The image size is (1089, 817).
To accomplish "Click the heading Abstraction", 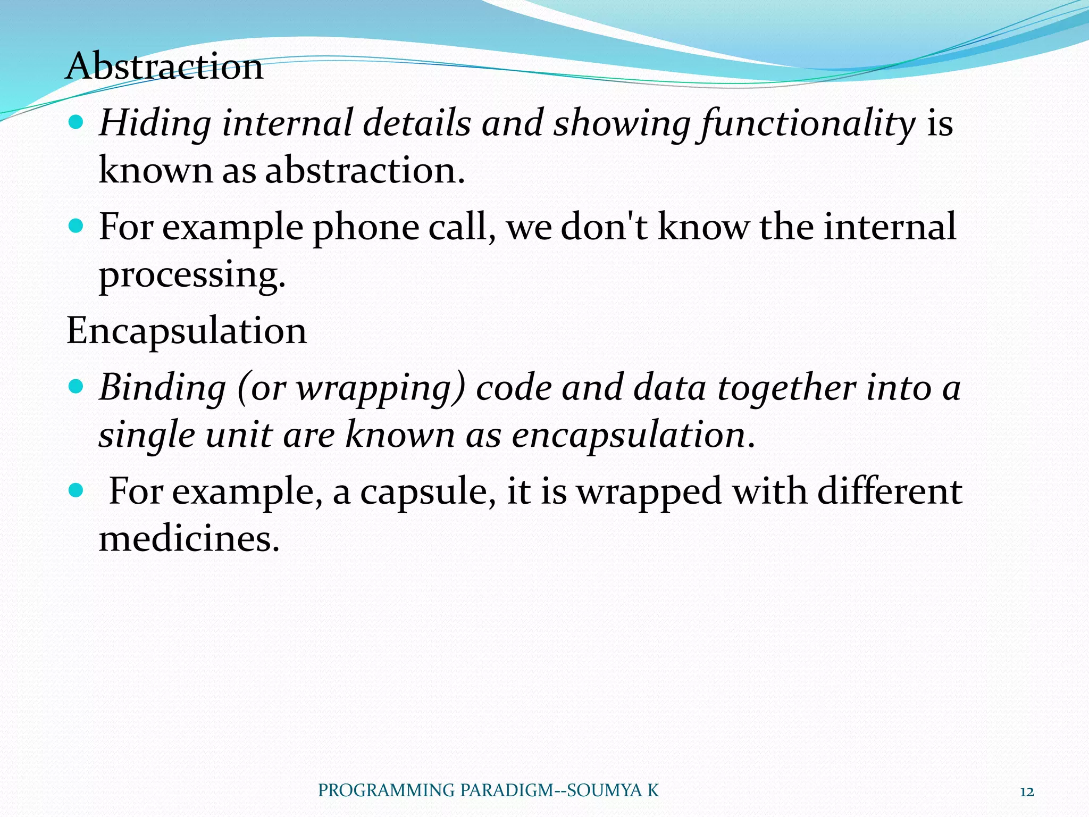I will [164, 66].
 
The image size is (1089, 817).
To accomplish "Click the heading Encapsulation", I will [186, 331].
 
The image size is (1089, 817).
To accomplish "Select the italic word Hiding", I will [155, 123].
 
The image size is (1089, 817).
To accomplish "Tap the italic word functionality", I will [808, 123].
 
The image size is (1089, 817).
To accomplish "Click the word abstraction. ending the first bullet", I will [365, 171].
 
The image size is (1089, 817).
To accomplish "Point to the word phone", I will [365, 228].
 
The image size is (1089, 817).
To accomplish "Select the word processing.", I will [192, 276].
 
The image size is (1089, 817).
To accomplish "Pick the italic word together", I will [786, 387].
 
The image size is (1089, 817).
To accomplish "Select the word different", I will [889, 490].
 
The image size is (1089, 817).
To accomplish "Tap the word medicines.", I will [189, 539].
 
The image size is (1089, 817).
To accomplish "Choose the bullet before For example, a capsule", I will [77, 490].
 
